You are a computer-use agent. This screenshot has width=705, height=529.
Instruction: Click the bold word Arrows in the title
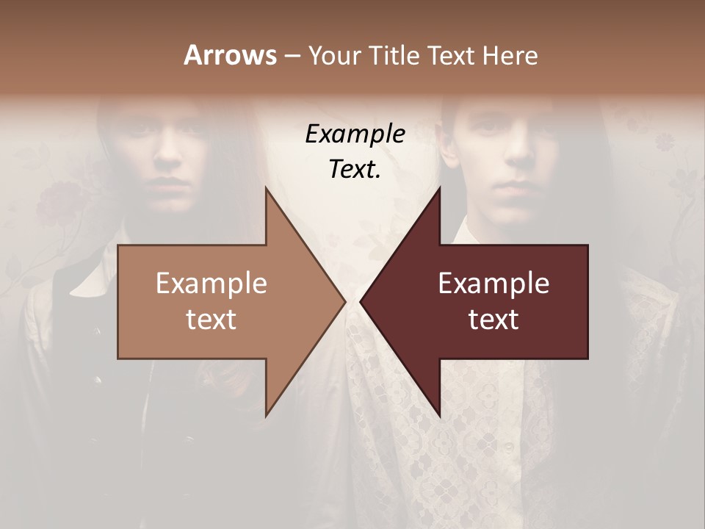(x=230, y=55)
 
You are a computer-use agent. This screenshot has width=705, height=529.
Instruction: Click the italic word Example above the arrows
(x=355, y=134)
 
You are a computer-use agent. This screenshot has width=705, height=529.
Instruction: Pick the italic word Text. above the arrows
(x=355, y=169)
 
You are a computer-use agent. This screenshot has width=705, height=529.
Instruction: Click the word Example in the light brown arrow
(x=211, y=284)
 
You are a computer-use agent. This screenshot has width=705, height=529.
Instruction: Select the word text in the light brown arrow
(x=211, y=319)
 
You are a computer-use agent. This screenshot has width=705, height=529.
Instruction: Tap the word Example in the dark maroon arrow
(x=493, y=284)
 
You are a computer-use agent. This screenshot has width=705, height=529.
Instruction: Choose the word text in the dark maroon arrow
(x=493, y=319)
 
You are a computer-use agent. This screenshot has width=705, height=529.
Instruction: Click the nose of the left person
(x=170, y=154)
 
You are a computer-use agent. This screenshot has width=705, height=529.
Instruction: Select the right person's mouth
(x=518, y=181)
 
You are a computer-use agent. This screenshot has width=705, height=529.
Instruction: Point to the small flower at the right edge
(x=665, y=140)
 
